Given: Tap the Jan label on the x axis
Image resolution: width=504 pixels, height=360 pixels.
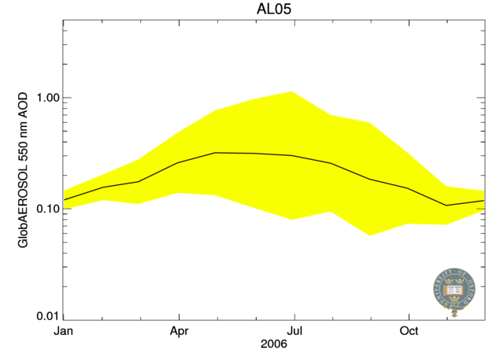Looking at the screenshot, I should [63, 331].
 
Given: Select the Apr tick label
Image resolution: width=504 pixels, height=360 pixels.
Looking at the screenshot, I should [179, 331].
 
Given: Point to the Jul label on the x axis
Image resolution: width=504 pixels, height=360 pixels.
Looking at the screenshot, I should [294, 331].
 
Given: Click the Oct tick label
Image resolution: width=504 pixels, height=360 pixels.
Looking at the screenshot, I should [409, 331].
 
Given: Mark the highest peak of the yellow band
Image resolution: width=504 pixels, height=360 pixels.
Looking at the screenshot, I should [293, 91].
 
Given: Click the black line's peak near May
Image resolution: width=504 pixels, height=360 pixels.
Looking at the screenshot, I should [216, 153].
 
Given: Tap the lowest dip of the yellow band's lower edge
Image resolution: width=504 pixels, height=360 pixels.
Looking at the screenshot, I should [369, 235].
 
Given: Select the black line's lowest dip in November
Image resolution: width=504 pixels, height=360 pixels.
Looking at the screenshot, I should [447, 206].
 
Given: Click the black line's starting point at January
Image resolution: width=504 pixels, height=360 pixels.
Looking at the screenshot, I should [64, 199].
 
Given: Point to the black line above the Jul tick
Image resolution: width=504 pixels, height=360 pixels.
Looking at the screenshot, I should [294, 156].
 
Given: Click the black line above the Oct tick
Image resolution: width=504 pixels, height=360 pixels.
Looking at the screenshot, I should [409, 189].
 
